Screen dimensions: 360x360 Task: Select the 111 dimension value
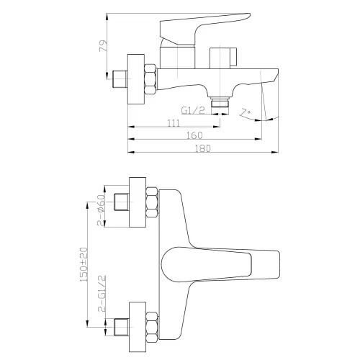point(174,123)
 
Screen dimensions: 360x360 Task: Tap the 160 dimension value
point(194,135)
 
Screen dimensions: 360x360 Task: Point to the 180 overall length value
point(204,148)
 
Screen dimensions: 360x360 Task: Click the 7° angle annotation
point(247,113)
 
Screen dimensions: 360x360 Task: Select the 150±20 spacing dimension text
point(84,266)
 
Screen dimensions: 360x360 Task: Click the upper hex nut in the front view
point(152,202)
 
